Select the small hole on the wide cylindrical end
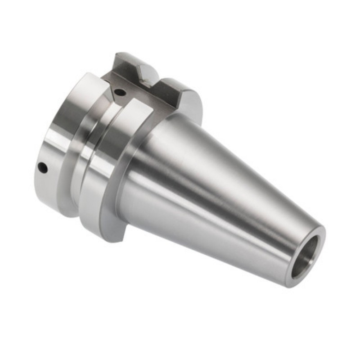click(42, 167)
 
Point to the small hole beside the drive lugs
click(120, 92)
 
